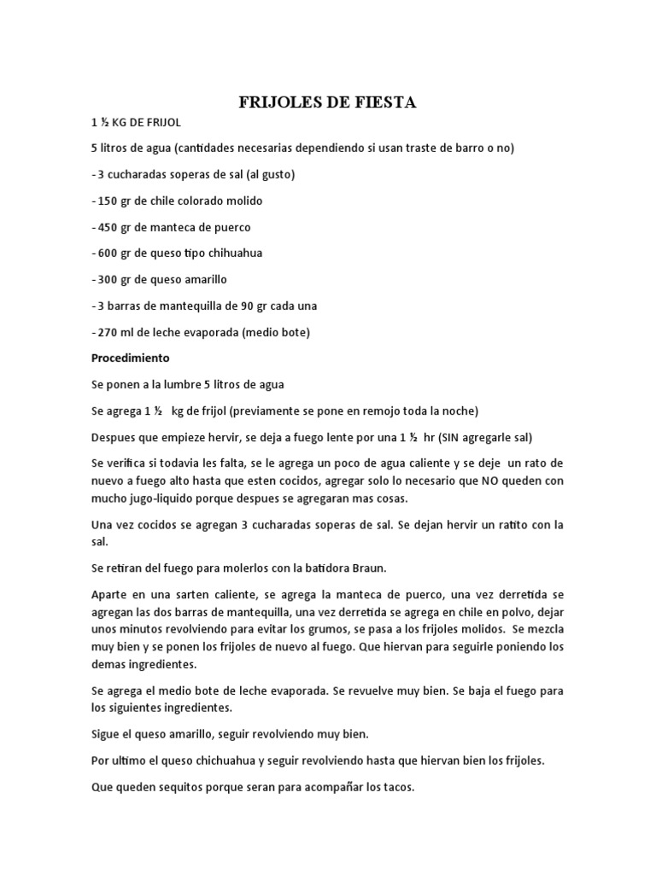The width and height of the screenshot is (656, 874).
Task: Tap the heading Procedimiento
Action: [x=131, y=358]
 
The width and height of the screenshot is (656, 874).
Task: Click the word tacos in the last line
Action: [x=397, y=788]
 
